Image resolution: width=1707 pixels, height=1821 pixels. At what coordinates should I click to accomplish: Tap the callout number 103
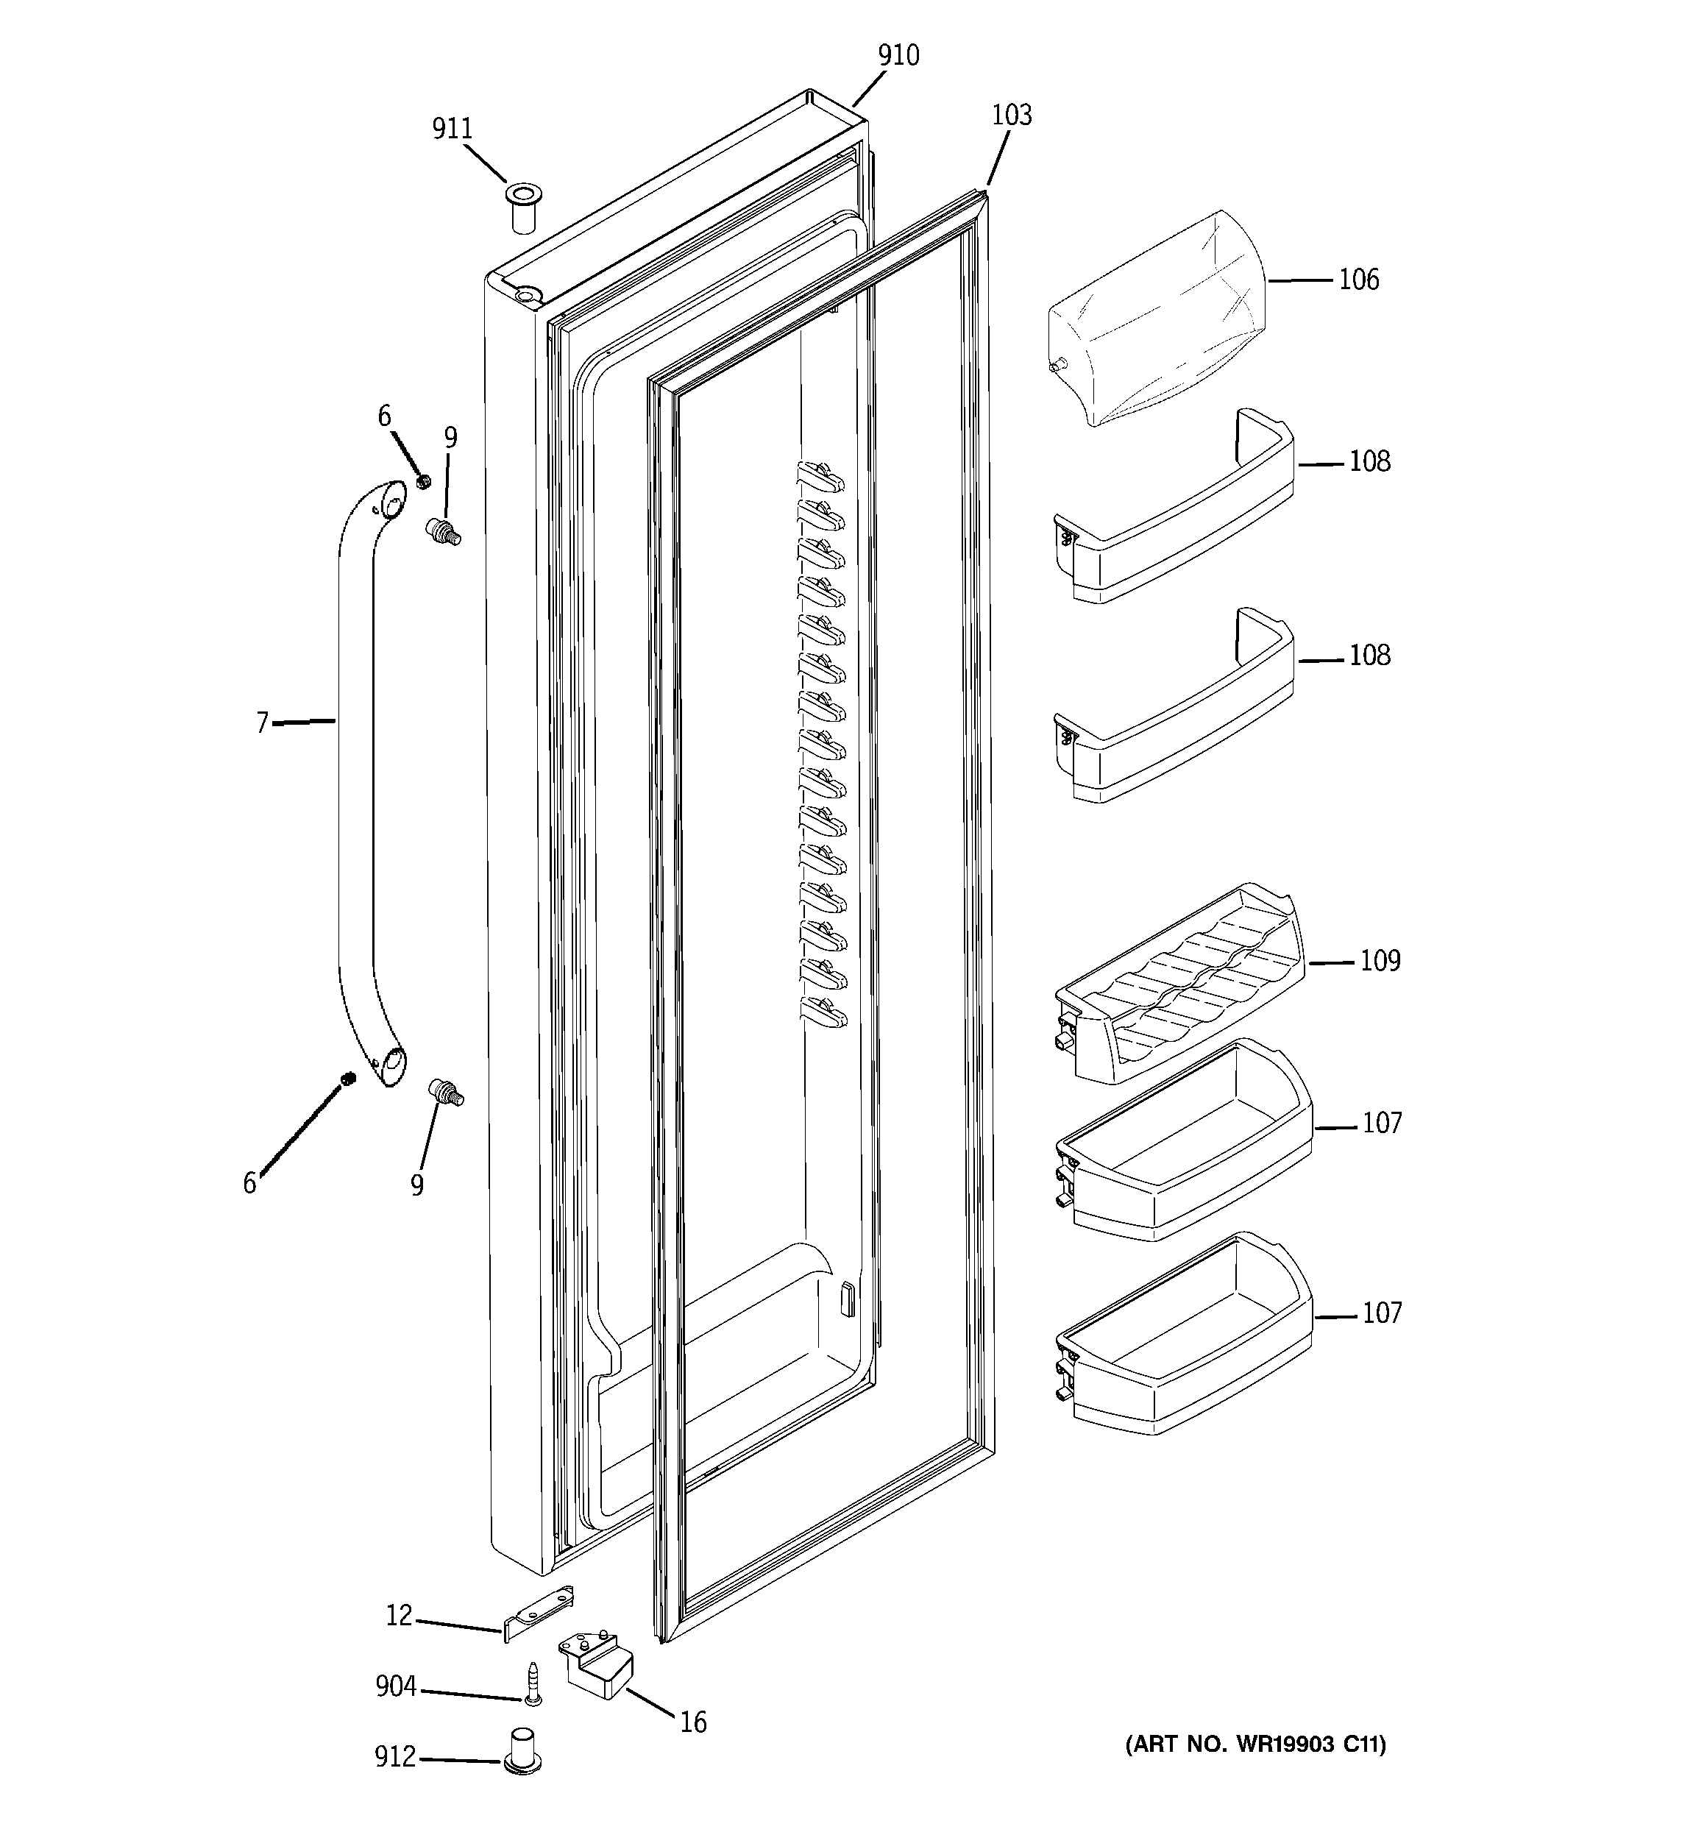coord(1011,116)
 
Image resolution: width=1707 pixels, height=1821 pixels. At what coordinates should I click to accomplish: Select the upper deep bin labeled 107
coord(1182,1145)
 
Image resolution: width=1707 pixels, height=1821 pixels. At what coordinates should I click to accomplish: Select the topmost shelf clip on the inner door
coord(820,476)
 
